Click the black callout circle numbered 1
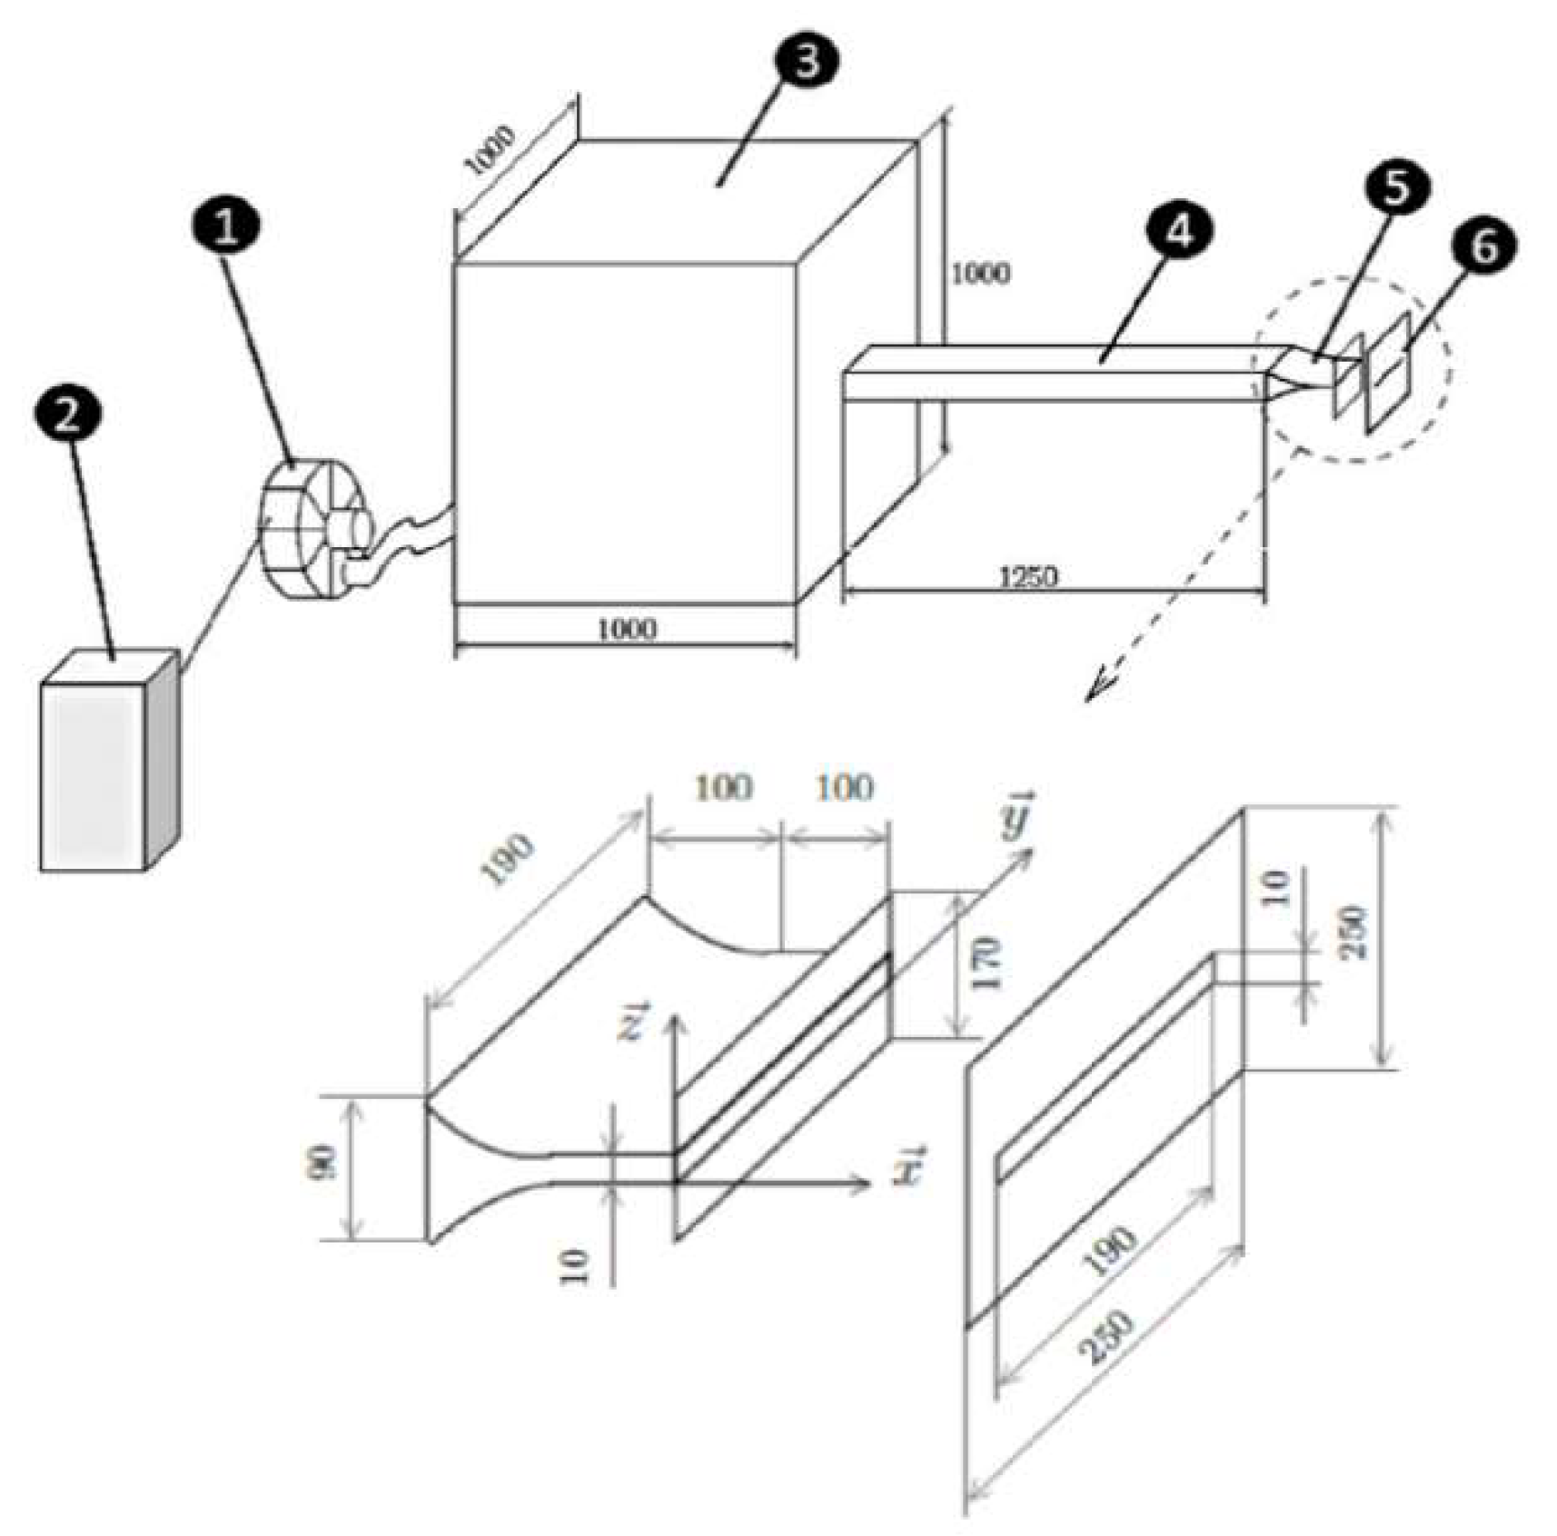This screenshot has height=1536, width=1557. click(226, 224)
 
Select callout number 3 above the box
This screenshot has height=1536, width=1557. click(806, 60)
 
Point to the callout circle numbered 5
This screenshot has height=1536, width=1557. click(1395, 186)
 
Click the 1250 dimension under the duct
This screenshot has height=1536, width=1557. click(1028, 576)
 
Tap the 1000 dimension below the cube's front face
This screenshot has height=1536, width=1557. click(627, 628)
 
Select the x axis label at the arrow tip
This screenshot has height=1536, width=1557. click(907, 1166)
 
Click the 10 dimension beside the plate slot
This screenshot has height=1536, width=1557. click(1276, 888)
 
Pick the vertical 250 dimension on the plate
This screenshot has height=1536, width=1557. click(1354, 933)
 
